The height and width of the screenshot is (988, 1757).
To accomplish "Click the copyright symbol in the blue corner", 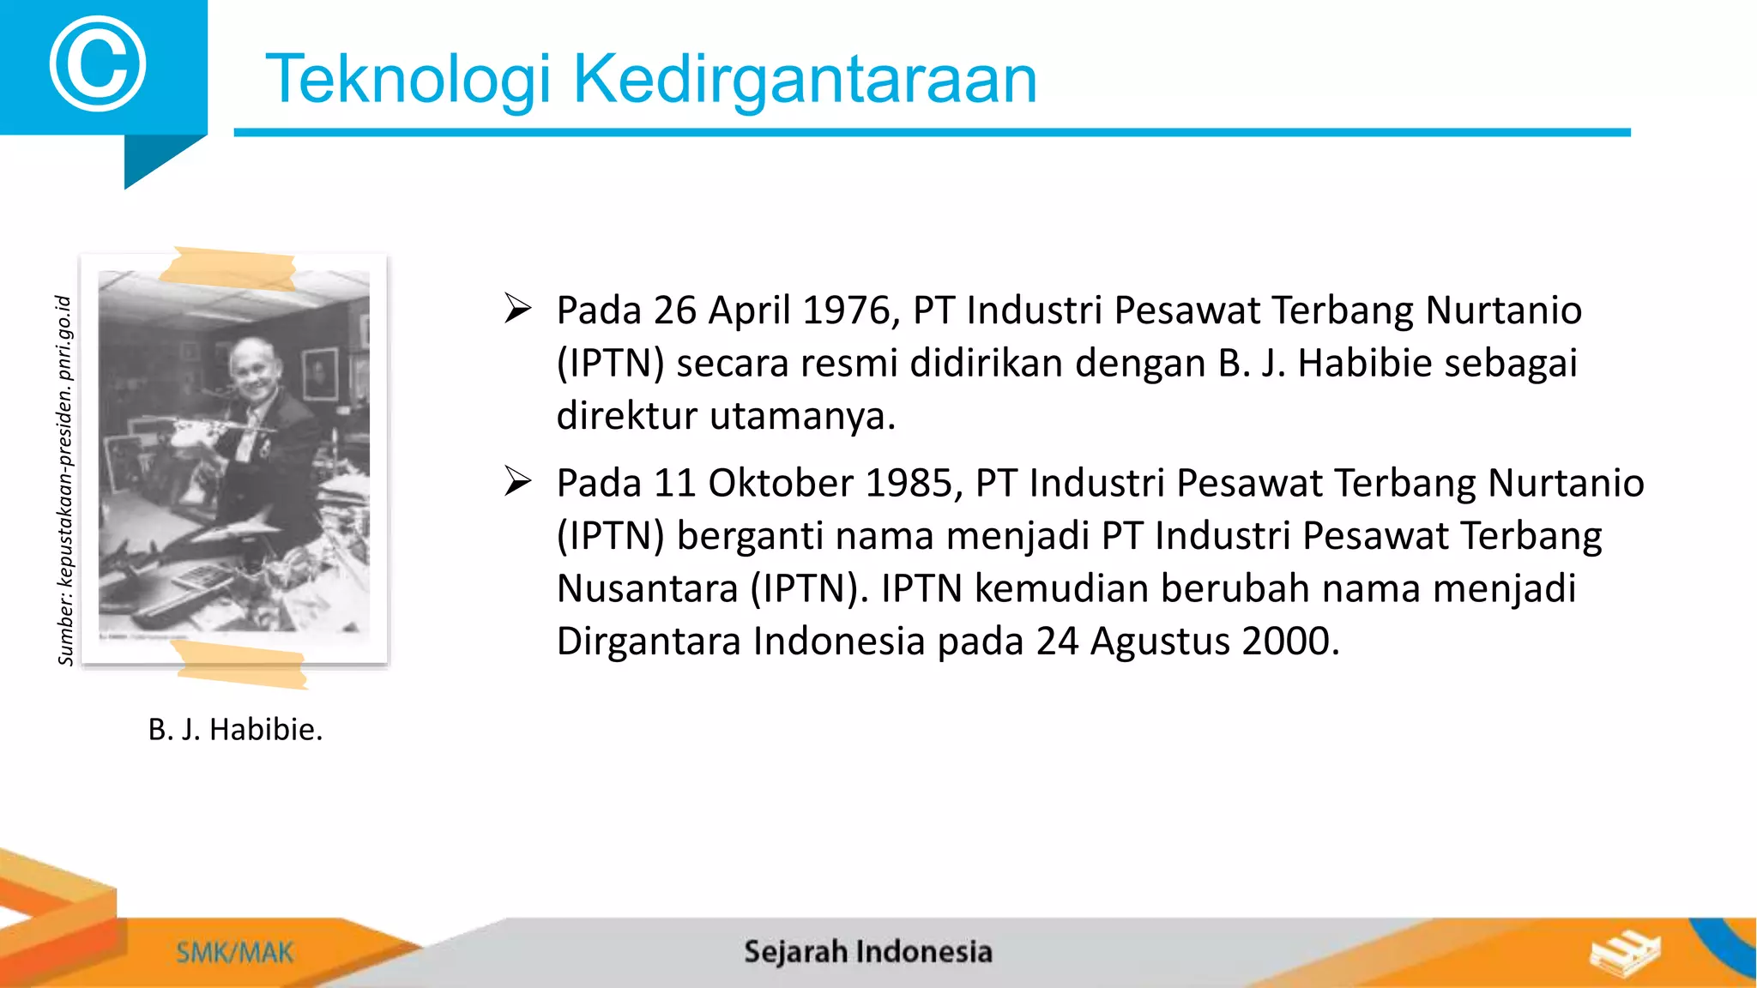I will [97, 64].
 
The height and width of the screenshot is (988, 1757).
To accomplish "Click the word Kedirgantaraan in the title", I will [804, 79].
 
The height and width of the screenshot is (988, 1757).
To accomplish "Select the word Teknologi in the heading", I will [408, 79].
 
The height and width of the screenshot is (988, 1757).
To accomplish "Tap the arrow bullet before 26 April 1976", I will [518, 308].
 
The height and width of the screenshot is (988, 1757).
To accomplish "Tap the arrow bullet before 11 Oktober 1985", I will [518, 481].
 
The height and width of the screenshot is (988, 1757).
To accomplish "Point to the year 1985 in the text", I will [912, 483].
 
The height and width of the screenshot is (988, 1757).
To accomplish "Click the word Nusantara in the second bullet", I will [647, 588].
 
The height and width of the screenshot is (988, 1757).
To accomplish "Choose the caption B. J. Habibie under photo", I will [235, 729].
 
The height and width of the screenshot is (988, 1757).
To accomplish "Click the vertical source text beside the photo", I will [65, 480].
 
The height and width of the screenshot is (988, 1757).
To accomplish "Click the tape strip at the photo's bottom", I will [240, 665].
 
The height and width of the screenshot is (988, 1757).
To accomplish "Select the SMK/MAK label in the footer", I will [234, 953].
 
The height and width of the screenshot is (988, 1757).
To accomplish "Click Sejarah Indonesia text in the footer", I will [867, 952].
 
